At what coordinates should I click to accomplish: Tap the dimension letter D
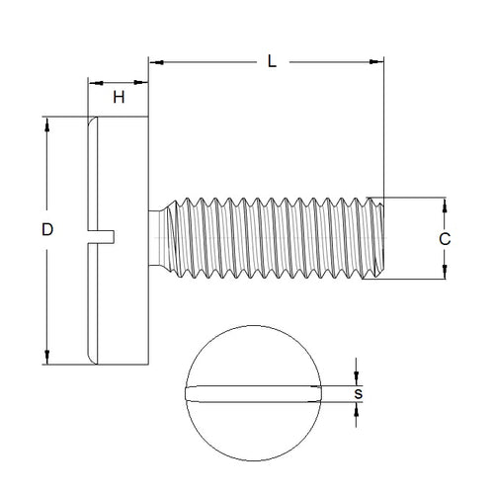[x=46, y=229]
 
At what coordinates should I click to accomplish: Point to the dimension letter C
[x=446, y=238]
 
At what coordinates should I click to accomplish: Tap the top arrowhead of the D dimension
[x=46, y=124]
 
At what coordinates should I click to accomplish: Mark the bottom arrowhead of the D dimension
[x=46, y=360]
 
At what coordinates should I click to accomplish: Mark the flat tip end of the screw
[x=380, y=238]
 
